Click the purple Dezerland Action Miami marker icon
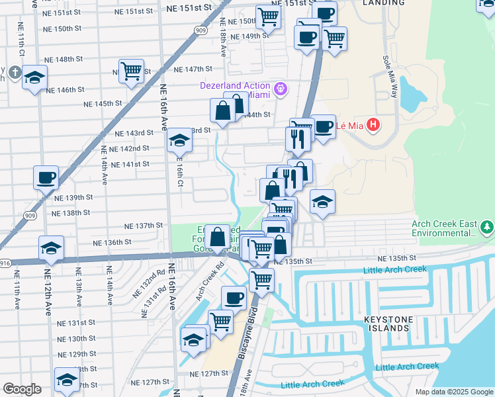coord(281,87)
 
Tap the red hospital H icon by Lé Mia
coord(373,124)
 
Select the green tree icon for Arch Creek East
coord(487,228)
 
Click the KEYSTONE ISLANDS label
coord(388,324)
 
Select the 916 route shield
coord(4,263)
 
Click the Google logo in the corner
coord(22,389)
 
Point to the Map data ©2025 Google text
coord(453,392)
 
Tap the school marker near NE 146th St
coord(34,77)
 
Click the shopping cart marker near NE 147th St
coord(132,71)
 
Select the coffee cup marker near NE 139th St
coord(46,177)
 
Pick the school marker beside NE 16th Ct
coord(179,139)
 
